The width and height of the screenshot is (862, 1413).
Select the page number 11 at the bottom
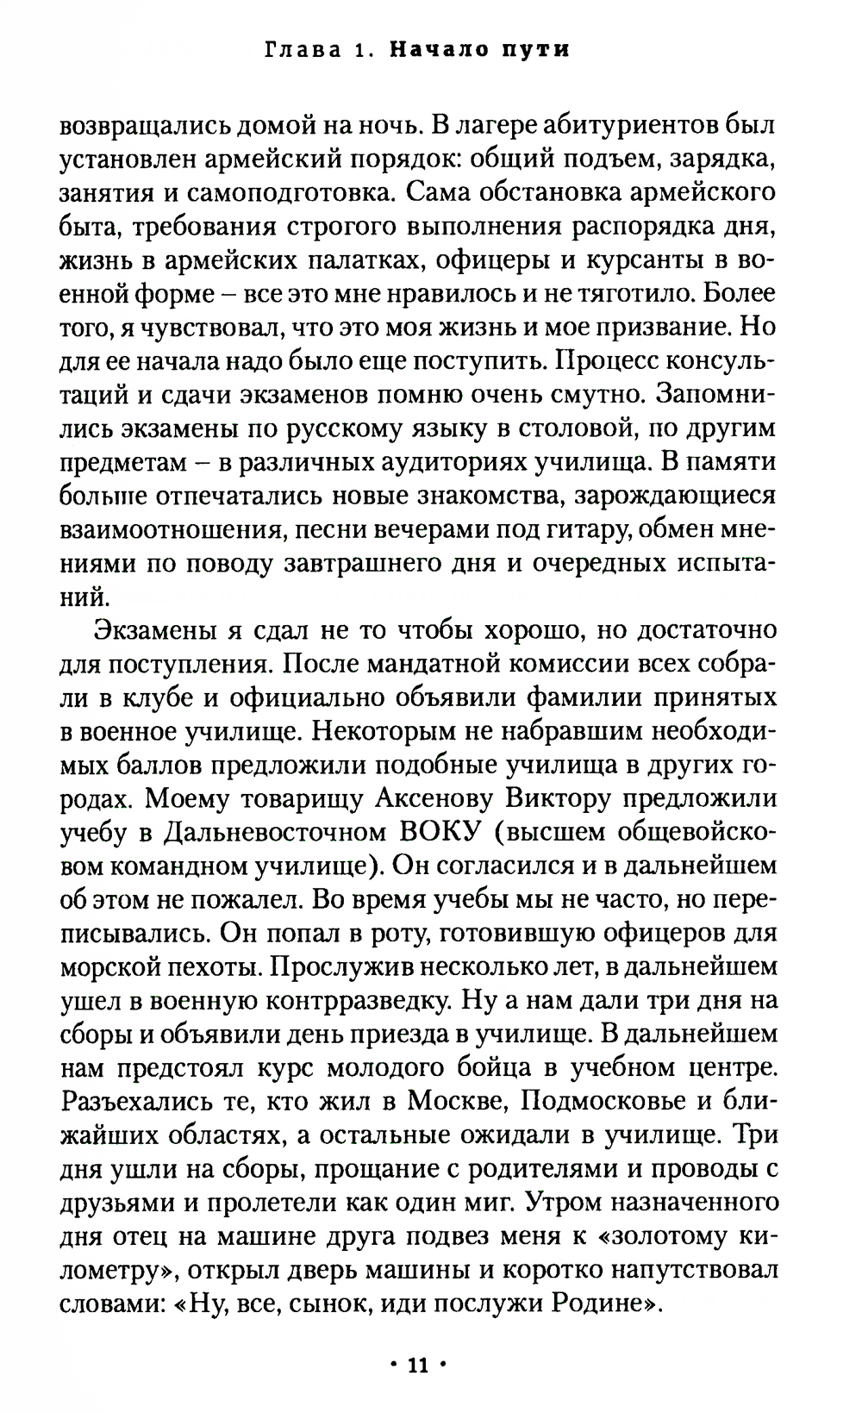pos(417,1365)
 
